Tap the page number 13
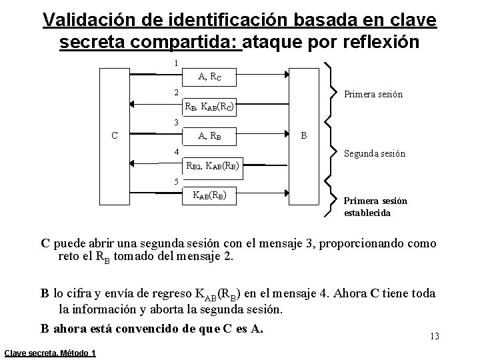(435, 336)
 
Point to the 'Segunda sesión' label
(373, 153)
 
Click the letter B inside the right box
(304, 136)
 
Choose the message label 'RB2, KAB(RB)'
(213, 167)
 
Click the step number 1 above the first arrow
(175, 63)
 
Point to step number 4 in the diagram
(175, 151)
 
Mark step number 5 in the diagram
(175, 182)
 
